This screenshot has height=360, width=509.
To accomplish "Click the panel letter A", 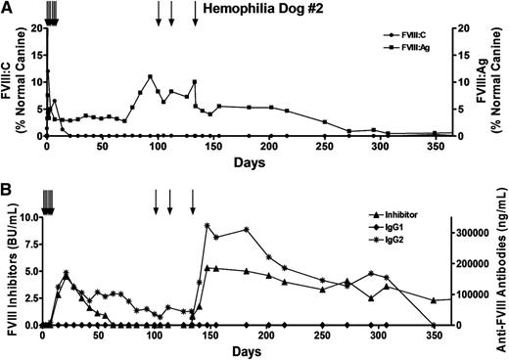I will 7,7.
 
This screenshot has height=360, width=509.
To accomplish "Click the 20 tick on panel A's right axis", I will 464,28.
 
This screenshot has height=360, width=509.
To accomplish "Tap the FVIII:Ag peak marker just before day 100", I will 150,76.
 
